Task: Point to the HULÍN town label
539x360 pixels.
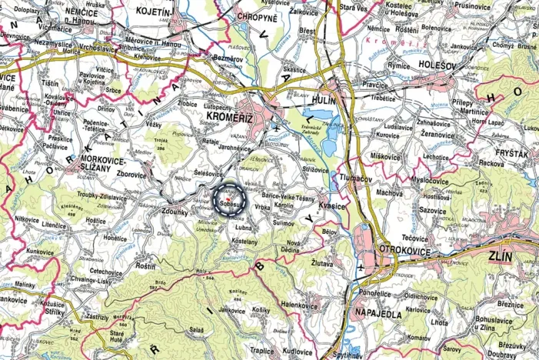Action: click(x=321, y=98)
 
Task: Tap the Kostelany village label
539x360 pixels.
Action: click(x=244, y=241)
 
